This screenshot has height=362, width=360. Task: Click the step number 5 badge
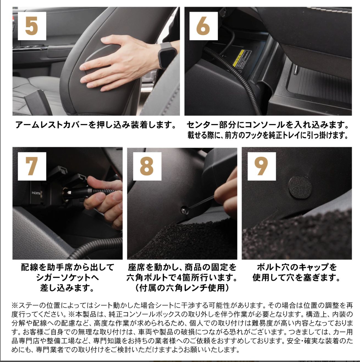pyautogui.click(x=32, y=26)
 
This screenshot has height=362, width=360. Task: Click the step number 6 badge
pyautogui.click(x=203, y=26)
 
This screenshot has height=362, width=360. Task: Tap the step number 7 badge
pyautogui.click(x=32, y=166)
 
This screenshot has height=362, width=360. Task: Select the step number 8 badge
pyautogui.click(x=147, y=166)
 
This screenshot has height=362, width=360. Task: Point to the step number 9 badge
pyautogui.click(x=261, y=166)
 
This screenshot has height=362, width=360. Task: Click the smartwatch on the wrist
pyautogui.click(x=167, y=55)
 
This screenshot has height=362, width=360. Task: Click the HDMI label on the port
pyautogui.click(x=36, y=193)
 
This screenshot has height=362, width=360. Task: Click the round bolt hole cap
pyautogui.click(x=300, y=187)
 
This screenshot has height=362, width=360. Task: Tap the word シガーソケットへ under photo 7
pyautogui.click(x=67, y=278)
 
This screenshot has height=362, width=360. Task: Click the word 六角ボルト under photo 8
pyautogui.click(x=147, y=278)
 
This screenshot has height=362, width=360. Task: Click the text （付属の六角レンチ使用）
pyautogui.click(x=182, y=288)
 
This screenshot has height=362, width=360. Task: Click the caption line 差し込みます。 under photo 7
pyautogui.click(x=67, y=288)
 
